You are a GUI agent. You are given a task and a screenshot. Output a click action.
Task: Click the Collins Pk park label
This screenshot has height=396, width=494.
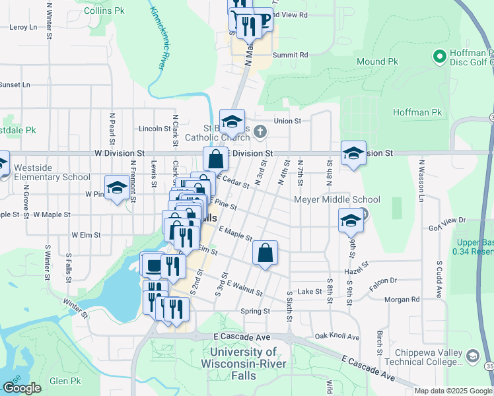point(104,11)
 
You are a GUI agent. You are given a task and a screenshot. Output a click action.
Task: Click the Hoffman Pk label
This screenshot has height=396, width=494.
point(417,113)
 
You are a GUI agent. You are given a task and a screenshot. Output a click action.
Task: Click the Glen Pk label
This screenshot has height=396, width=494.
point(65,381)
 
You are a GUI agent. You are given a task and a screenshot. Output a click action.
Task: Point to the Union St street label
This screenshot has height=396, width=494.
point(287,121)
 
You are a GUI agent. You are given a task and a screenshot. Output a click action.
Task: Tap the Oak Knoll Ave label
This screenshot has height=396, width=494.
point(337,337)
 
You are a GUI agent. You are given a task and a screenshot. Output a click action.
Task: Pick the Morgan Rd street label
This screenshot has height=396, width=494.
point(402,299)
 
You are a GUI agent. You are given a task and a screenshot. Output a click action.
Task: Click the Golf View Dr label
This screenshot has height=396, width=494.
point(448,220)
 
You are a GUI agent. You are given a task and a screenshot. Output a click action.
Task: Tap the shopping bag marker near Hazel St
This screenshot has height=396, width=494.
point(265,253)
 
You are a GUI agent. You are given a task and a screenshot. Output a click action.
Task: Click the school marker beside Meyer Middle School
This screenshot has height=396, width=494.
point(351,220)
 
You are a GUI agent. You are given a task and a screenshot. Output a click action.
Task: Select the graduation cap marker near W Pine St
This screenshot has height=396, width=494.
point(117,187)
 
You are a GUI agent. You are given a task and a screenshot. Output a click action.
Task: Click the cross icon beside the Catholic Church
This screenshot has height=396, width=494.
point(260,131)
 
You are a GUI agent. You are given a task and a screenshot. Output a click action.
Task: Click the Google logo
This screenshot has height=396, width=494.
point(22,388)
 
